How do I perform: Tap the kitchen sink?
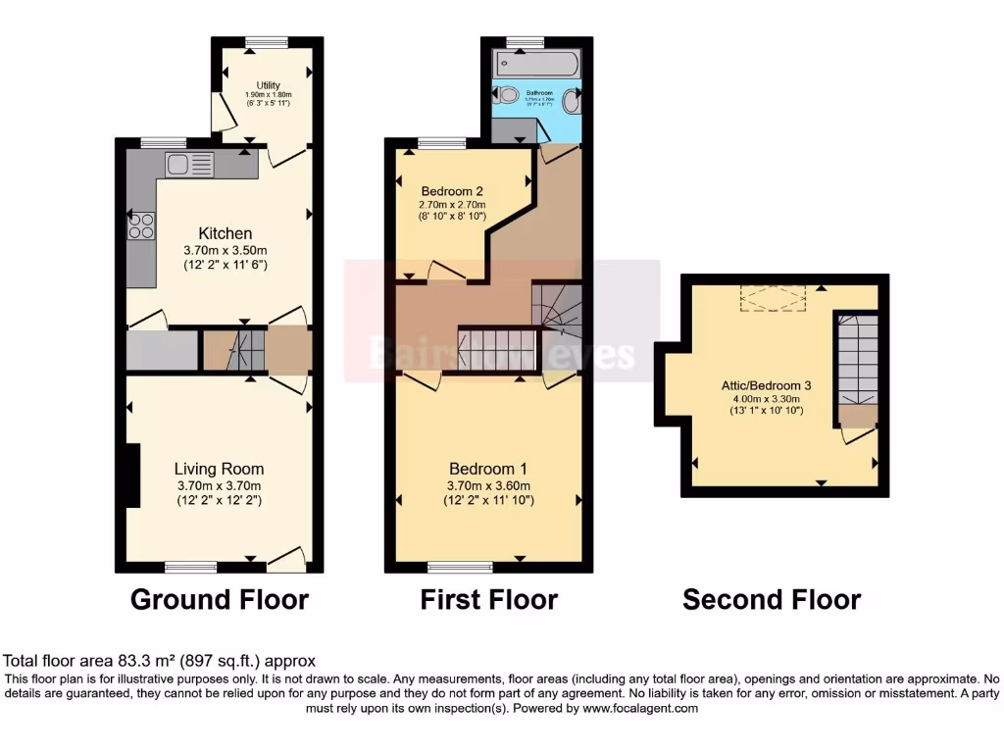point(189,164)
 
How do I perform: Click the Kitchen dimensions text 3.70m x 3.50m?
point(226,249)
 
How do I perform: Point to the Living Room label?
point(219,469)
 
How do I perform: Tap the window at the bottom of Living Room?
point(190,566)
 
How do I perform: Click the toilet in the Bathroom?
point(507,96)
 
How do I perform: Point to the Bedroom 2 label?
point(452,190)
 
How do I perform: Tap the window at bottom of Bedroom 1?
point(460,566)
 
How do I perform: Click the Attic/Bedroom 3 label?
point(766,386)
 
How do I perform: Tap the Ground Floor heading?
point(220,599)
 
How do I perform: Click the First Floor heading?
point(489,599)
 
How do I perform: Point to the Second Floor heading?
point(772,599)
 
